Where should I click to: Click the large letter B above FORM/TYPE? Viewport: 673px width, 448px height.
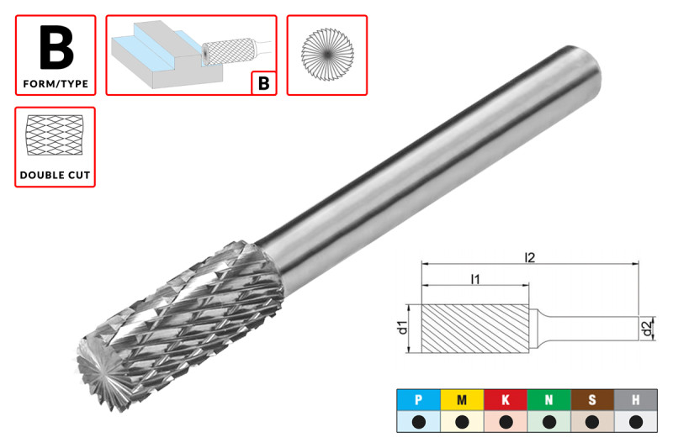pyautogui.click(x=56, y=48)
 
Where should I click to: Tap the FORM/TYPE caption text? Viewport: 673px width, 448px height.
pyautogui.click(x=56, y=84)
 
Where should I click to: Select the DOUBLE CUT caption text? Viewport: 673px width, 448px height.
pyautogui.click(x=55, y=176)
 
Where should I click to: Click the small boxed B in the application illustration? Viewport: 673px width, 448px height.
pyautogui.click(x=264, y=82)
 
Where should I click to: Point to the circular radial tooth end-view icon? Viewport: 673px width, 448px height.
pyautogui.click(x=327, y=55)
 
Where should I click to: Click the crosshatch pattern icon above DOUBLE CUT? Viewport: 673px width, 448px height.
pyautogui.click(x=55, y=135)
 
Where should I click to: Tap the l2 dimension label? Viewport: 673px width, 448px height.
pyautogui.click(x=530, y=258)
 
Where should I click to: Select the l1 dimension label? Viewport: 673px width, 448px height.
pyautogui.click(x=475, y=280)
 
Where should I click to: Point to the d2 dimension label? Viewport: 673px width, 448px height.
pyautogui.click(x=646, y=329)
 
